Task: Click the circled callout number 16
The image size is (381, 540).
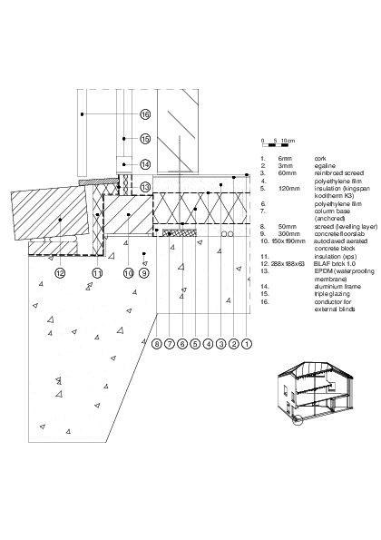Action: pyautogui.click(x=144, y=114)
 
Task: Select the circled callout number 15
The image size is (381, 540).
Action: pyautogui.click(x=144, y=139)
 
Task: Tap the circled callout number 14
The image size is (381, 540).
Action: pyautogui.click(x=144, y=163)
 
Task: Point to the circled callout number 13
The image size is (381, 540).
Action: pyautogui.click(x=144, y=186)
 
